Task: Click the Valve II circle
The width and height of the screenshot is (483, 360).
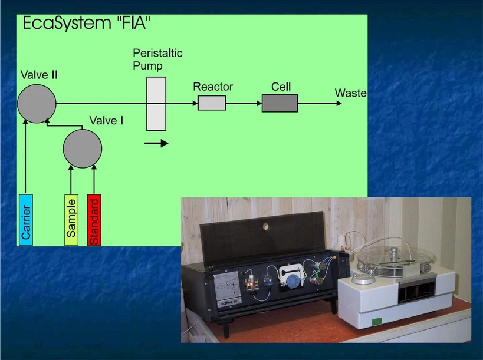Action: [37, 104]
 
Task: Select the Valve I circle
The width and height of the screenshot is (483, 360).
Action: [83, 148]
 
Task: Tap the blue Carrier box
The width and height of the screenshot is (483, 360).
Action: [26, 219]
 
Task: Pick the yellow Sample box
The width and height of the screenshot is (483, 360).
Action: [71, 219]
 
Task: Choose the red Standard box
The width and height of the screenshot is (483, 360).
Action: [94, 219]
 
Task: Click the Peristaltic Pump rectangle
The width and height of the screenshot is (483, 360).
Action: [156, 103]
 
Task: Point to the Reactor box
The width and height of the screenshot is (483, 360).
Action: [212, 103]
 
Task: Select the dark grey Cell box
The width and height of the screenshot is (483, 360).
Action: [280, 103]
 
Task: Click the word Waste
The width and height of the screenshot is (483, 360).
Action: [350, 93]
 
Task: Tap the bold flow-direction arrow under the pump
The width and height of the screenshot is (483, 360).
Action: [156, 143]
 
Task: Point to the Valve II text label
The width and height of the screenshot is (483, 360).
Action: [38, 75]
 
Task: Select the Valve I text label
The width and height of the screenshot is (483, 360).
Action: [106, 121]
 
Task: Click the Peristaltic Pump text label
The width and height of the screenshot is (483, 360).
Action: [157, 59]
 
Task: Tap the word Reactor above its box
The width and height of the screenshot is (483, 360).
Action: [213, 87]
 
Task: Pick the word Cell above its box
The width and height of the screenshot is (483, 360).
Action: [281, 87]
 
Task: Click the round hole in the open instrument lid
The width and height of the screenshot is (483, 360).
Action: [265, 224]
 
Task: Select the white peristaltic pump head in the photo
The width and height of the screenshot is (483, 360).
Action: [290, 275]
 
